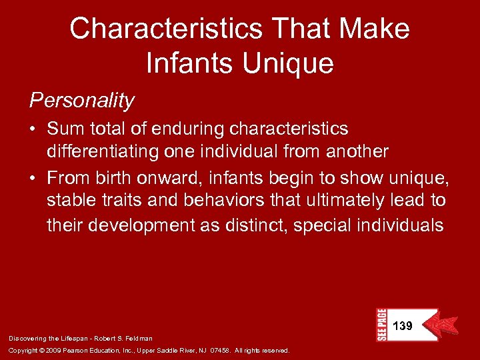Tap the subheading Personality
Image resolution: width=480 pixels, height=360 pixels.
click(x=81, y=101)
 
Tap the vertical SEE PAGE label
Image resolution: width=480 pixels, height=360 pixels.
click(x=381, y=325)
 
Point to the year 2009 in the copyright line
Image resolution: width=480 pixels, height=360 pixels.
click(x=61, y=351)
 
